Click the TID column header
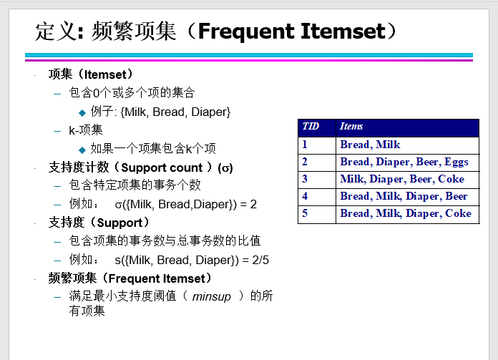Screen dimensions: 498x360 click(x=317, y=128)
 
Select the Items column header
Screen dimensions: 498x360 click(x=407, y=128)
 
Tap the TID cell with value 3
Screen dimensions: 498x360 click(x=317, y=180)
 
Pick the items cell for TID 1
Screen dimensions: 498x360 click(x=407, y=145)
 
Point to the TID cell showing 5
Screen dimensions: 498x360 click(x=317, y=215)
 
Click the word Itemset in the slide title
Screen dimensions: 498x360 click(x=343, y=31)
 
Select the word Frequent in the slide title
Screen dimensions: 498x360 click(x=246, y=31)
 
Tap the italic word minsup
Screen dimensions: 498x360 click(x=212, y=297)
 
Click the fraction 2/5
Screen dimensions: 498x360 click(x=260, y=261)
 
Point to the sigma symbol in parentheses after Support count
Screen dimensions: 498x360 click(x=225, y=167)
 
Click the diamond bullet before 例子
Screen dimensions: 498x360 click(x=82, y=112)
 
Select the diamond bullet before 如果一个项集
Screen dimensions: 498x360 click(x=82, y=150)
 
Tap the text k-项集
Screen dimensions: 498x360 click(x=86, y=130)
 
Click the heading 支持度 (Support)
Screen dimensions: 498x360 click(x=99, y=223)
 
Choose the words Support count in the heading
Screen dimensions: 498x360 click(x=162, y=167)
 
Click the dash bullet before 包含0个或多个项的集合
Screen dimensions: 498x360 click(x=57, y=94)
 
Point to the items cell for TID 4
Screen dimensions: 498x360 click(x=407, y=197)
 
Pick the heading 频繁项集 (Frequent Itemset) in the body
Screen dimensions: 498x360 click(x=130, y=278)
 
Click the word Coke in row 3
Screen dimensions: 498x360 click(x=451, y=179)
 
